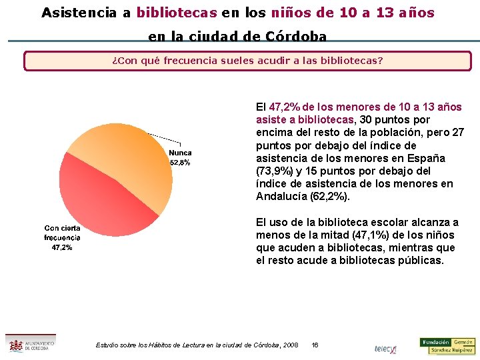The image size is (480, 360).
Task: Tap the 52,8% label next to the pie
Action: click(x=180, y=163)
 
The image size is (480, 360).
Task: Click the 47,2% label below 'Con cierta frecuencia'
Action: click(x=62, y=247)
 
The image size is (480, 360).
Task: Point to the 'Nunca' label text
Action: click(x=180, y=153)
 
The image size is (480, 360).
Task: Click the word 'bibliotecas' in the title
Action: click(x=177, y=13)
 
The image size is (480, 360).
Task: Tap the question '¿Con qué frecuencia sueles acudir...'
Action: click(x=247, y=61)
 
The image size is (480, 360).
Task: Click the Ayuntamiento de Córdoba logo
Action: click(x=30, y=343)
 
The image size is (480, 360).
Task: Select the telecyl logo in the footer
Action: click(x=385, y=349)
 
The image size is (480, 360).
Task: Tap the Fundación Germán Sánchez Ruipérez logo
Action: click(x=447, y=345)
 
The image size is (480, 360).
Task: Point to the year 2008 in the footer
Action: click(x=290, y=345)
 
